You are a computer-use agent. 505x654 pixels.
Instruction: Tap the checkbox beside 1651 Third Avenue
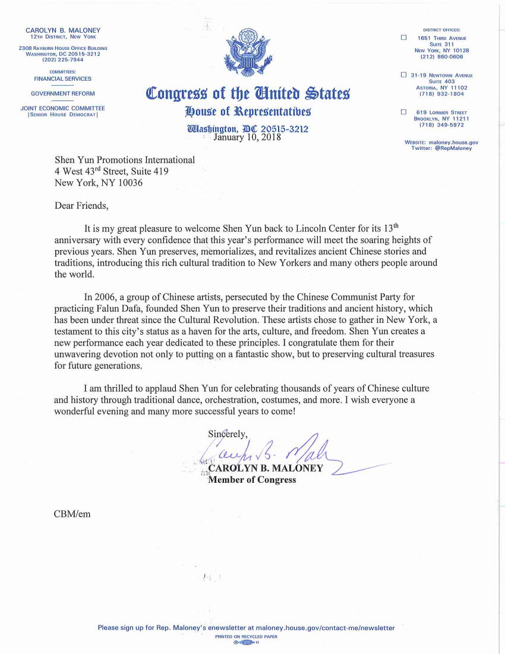403,38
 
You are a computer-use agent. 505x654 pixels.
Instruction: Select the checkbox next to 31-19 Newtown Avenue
403,75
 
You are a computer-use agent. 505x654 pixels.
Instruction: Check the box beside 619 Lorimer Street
403,112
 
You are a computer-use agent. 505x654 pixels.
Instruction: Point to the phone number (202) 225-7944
62,59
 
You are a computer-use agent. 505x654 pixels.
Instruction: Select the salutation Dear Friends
82,206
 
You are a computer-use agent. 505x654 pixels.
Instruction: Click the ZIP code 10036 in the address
130,183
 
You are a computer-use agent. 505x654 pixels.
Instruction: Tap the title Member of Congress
252,480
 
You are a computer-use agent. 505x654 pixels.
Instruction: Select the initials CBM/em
72,513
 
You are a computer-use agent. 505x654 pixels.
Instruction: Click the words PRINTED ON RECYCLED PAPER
246,636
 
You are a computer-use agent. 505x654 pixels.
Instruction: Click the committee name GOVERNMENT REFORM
62,93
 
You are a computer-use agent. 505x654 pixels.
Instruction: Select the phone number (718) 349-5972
441,125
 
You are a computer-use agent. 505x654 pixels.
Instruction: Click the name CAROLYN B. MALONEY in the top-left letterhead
62,30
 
